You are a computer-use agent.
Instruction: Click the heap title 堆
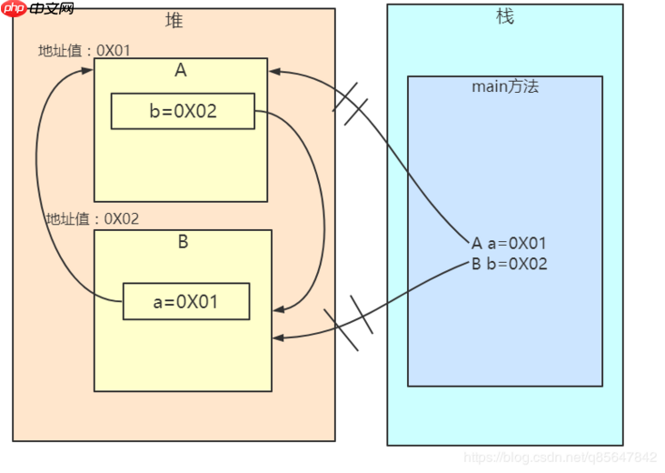(x=174, y=20)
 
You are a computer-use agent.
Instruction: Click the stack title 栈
(x=505, y=16)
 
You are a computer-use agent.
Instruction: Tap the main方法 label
(x=505, y=87)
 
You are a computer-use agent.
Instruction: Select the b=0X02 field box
(x=183, y=111)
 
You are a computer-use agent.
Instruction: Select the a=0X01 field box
(x=186, y=302)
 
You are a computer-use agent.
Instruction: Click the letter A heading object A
(x=180, y=71)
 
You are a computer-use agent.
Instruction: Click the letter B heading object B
(x=183, y=242)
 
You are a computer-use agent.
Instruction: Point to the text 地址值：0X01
(x=84, y=50)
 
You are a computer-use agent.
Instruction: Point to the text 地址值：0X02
(x=92, y=219)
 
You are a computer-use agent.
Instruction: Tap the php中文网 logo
(x=38, y=9)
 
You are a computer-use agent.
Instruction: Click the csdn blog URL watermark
(x=560, y=458)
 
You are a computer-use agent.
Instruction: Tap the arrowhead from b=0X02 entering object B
(x=278, y=309)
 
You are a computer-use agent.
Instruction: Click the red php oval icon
(x=14, y=9)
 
